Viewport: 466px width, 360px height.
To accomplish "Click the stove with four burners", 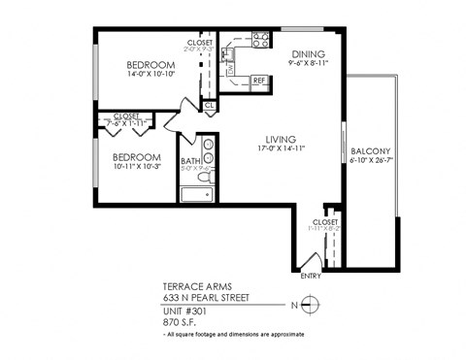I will click(x=260, y=40).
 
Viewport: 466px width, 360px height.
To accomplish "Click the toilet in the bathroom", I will click(x=205, y=178).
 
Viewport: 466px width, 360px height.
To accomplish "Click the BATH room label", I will click(x=190, y=161).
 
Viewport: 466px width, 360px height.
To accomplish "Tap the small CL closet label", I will click(x=209, y=105).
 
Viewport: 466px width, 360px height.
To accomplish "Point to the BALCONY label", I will click(x=370, y=151).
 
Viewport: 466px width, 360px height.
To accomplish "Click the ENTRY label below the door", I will click(x=311, y=277).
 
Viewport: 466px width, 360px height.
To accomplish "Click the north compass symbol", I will click(x=309, y=306).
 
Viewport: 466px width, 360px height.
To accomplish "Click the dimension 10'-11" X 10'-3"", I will click(x=135, y=167).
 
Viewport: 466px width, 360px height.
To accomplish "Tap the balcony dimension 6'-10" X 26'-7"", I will click(x=370, y=161).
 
